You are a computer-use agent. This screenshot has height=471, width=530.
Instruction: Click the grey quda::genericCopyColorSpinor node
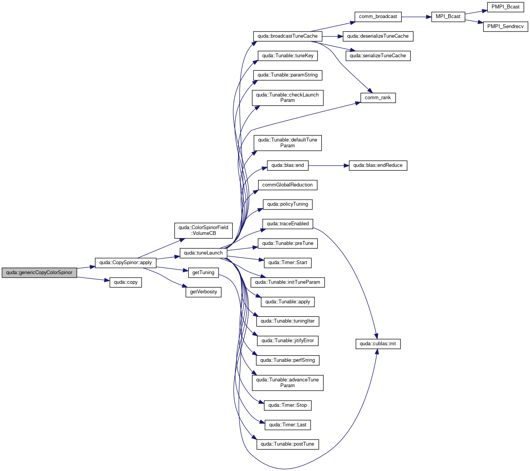(39, 273)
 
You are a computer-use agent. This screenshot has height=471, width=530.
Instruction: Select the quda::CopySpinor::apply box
(126, 263)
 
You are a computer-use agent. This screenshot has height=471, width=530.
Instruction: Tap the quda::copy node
(126, 282)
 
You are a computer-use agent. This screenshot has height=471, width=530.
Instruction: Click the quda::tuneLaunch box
(203, 253)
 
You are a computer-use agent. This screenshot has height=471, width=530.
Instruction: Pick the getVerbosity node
(203, 292)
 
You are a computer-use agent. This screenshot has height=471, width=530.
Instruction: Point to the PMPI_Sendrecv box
(505, 27)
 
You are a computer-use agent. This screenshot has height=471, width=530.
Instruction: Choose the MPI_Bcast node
(448, 17)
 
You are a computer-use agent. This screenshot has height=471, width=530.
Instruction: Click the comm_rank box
(378, 98)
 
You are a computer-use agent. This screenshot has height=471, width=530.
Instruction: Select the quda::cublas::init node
(378, 344)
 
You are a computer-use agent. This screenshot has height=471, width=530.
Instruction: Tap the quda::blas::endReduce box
(378, 166)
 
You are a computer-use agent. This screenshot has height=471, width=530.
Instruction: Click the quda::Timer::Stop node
(288, 405)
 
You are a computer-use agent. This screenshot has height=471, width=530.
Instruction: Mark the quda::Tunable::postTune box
(288, 444)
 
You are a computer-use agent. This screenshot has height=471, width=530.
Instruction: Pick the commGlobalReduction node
(288, 185)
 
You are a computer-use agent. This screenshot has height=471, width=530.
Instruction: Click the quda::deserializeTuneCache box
(378, 37)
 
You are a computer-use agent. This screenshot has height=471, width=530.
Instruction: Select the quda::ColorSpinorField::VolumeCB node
(203, 231)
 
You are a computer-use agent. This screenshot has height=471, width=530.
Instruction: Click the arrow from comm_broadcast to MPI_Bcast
(416, 17)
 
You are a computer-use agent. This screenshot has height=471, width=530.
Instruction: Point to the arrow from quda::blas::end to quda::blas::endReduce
(329, 166)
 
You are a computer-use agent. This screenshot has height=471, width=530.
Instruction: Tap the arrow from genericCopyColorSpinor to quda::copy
(93, 279)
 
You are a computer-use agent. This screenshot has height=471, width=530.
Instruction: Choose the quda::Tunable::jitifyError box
(288, 341)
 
